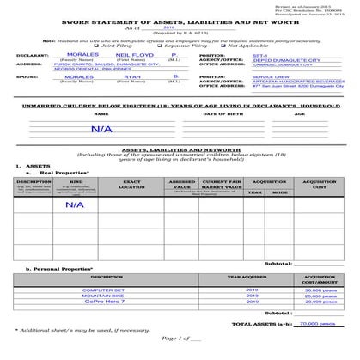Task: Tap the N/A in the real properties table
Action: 75,204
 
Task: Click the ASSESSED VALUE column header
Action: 181,185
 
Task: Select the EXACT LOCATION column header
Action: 132,185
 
